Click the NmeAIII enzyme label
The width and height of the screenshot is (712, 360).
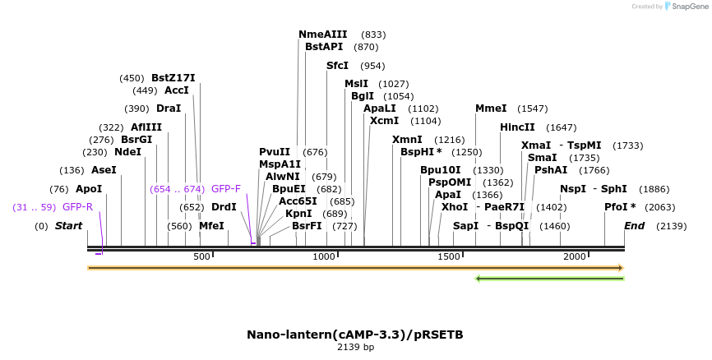(322, 35)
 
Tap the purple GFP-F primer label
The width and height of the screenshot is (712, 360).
(226, 189)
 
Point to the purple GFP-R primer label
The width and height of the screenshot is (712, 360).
(77, 207)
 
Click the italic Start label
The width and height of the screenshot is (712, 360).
(69, 226)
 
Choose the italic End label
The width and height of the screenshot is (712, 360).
(634, 226)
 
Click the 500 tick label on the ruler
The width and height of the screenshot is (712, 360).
(202, 257)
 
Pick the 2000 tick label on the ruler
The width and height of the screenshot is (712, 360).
(574, 257)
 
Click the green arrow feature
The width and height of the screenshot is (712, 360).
(549, 279)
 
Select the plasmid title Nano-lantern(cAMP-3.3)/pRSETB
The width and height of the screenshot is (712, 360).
(355, 335)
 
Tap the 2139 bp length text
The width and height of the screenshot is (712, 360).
(355, 348)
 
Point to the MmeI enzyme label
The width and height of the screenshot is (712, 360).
(491, 108)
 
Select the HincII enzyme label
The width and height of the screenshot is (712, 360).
(517, 127)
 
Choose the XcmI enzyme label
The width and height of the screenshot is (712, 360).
(384, 121)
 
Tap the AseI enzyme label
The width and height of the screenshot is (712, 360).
(104, 170)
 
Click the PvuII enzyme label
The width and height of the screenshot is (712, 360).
(275, 152)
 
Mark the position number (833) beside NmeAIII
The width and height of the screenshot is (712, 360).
(373, 35)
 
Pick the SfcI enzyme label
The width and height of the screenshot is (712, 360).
(337, 66)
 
